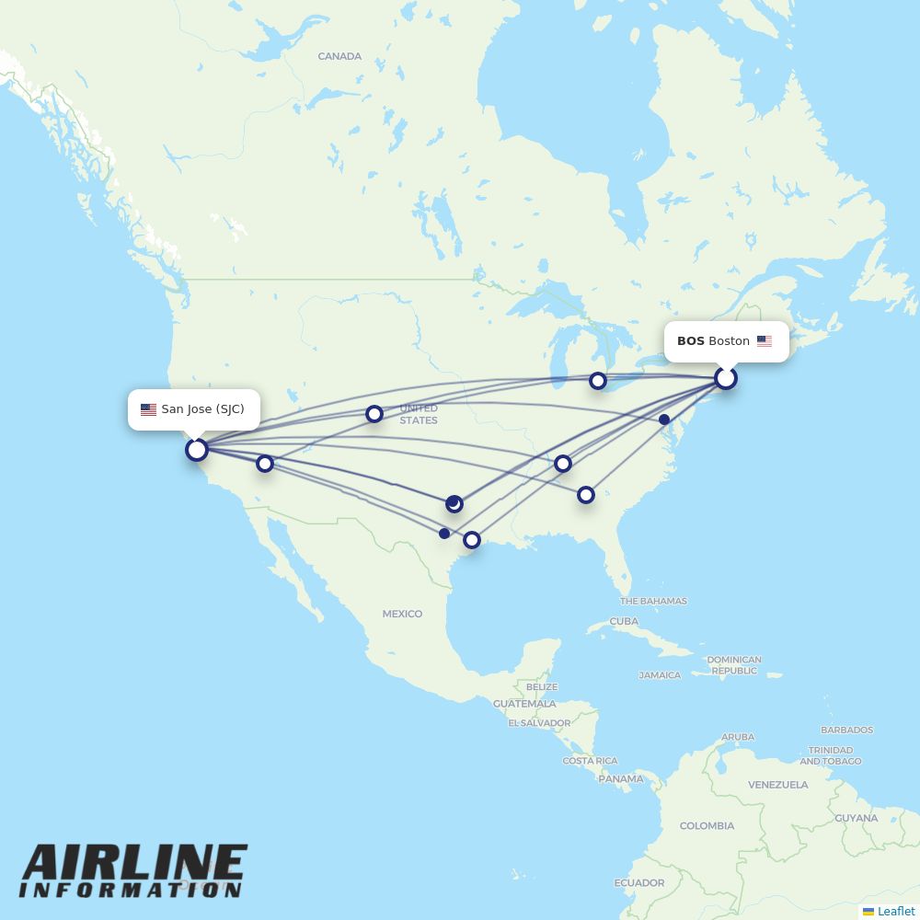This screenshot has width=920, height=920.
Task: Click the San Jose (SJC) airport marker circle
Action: (196, 450)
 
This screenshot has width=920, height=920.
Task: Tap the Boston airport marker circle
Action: (726, 378)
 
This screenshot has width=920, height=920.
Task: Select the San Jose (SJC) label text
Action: (202, 409)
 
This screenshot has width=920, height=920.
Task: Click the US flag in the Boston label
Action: (765, 341)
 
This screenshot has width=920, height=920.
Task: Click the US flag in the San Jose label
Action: (148, 409)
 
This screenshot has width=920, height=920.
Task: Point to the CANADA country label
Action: (339, 56)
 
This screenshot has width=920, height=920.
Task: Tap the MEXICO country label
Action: (402, 614)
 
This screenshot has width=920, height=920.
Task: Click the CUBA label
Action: (624, 621)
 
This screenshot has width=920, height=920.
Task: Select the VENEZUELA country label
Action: (778, 785)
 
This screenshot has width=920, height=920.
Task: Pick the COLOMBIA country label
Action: (707, 825)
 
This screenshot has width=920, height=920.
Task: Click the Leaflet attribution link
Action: (895, 911)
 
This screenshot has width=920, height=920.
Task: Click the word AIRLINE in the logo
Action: (134, 862)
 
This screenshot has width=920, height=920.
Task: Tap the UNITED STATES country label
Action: (419, 414)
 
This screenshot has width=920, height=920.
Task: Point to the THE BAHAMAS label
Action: (653, 601)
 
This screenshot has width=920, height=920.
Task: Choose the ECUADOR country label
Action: (639, 882)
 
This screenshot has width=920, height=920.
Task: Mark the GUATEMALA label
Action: (524, 704)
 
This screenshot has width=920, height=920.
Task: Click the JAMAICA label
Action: (660, 675)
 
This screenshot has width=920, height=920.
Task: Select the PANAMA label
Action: (621, 778)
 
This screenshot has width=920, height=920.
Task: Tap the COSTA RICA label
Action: (590, 761)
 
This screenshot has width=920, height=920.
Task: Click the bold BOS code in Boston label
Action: (691, 341)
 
